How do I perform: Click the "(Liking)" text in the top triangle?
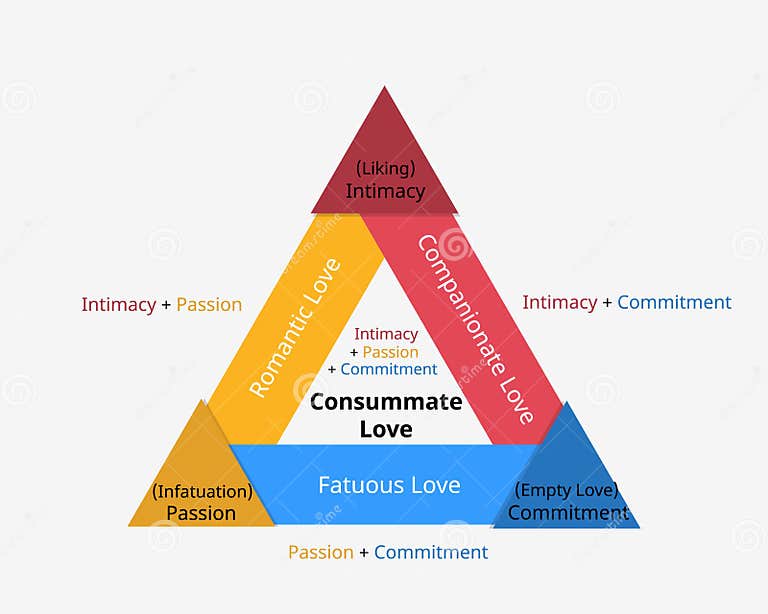pyautogui.click(x=385, y=168)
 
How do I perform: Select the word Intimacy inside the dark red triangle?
pyautogui.click(x=385, y=191)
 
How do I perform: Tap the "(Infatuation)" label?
pyautogui.click(x=202, y=491)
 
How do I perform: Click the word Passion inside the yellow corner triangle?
pyautogui.click(x=201, y=513)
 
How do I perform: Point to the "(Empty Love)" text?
pyautogui.click(x=566, y=490)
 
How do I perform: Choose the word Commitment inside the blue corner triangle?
pyautogui.click(x=568, y=513)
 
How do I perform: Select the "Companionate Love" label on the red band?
pyautogui.click(x=475, y=329)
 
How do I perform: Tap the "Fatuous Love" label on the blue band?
pyautogui.click(x=389, y=486)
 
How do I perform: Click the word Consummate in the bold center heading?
pyautogui.click(x=386, y=402)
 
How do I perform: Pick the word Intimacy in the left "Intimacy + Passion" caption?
pyautogui.click(x=119, y=304)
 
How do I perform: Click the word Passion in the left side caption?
pyautogui.click(x=209, y=304)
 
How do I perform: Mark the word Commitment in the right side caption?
pyautogui.click(x=674, y=302)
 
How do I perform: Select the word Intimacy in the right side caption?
pyautogui.click(x=560, y=302)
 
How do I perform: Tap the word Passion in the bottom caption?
pyautogui.click(x=321, y=552)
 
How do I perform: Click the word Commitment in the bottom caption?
pyautogui.click(x=431, y=552)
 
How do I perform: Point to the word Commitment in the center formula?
pyautogui.click(x=389, y=369)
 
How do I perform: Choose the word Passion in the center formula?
pyautogui.click(x=390, y=352)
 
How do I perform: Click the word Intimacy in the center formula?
pyautogui.click(x=386, y=334)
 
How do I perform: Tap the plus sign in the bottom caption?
pyautogui.click(x=364, y=553)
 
